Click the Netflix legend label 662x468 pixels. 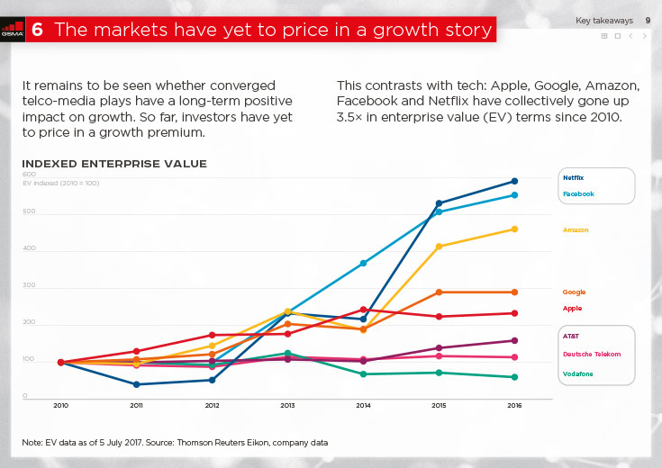coord(573,178)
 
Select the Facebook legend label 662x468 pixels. coord(577,193)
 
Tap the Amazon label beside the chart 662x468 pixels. coord(576,230)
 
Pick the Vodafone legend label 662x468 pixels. coord(578,373)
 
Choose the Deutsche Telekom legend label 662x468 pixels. coord(591,354)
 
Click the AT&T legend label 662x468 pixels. coord(571,336)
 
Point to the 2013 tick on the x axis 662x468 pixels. coord(287,406)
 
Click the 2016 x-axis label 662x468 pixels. coord(514,406)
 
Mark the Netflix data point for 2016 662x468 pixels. coord(514,181)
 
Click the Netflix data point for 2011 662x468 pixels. coord(136,384)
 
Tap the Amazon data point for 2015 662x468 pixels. coord(439,247)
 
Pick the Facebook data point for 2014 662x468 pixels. coord(363,263)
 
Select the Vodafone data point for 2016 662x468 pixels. coord(514,377)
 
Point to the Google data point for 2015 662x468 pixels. coord(439,292)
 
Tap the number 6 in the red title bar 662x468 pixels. coord(37,30)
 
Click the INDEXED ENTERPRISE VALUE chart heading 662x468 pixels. coord(114,164)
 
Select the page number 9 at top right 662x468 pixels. coord(648,20)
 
